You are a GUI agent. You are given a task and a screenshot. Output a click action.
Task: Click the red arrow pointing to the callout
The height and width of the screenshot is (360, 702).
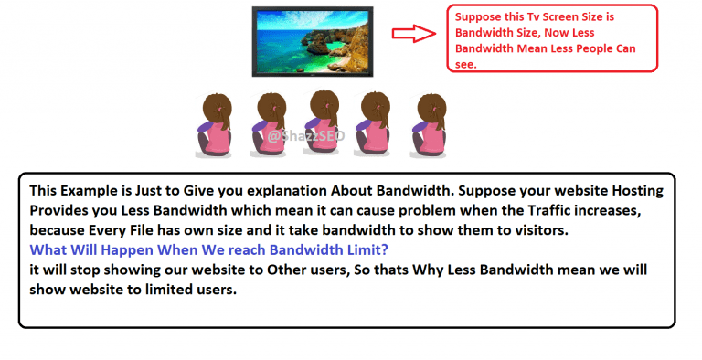[415, 34]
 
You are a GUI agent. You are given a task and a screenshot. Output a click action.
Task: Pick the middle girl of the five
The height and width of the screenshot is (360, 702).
[324, 123]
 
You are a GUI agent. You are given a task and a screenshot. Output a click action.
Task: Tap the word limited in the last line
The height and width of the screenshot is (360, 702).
[176, 289]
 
